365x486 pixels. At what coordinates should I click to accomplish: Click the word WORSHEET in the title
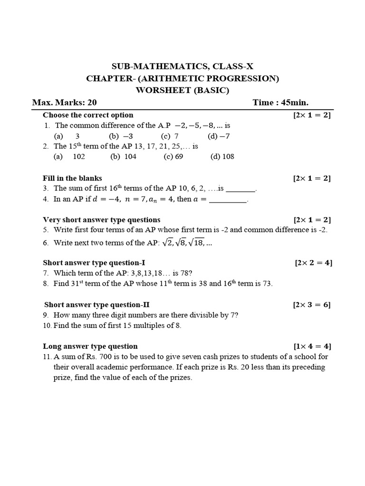click(x=156, y=90)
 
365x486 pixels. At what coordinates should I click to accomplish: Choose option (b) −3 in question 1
click(x=121, y=136)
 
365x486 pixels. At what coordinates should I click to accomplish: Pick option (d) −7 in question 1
click(x=219, y=136)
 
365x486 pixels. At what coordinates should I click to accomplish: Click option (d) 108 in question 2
click(x=222, y=157)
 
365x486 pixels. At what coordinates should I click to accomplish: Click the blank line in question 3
click(x=240, y=189)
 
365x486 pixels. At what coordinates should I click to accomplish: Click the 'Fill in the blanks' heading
click(x=72, y=178)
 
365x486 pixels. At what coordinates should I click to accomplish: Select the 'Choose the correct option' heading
click(x=88, y=115)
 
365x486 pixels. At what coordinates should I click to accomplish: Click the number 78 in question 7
click(x=184, y=273)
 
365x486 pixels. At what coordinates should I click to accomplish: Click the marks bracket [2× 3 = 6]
click(x=312, y=305)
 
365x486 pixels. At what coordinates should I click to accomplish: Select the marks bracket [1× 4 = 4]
click(x=312, y=346)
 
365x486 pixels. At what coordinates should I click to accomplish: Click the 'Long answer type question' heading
click(x=90, y=346)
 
